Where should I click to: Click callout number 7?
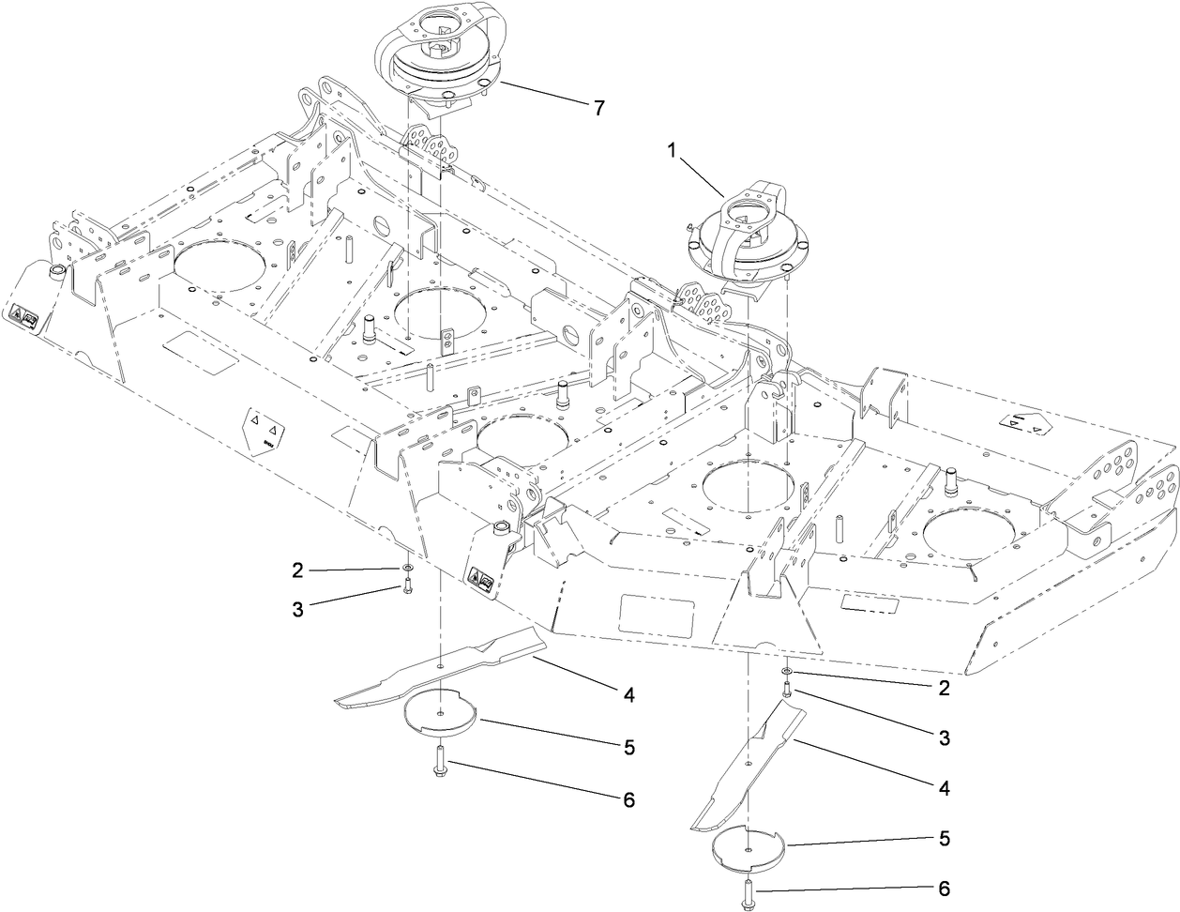[x=598, y=107]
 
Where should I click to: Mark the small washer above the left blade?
[x=408, y=570]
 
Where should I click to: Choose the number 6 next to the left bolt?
[x=628, y=800]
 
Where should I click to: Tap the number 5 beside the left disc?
[x=629, y=748]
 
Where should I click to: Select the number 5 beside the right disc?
[x=944, y=836]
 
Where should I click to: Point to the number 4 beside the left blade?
[x=629, y=695]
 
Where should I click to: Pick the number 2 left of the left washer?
[x=297, y=570]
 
